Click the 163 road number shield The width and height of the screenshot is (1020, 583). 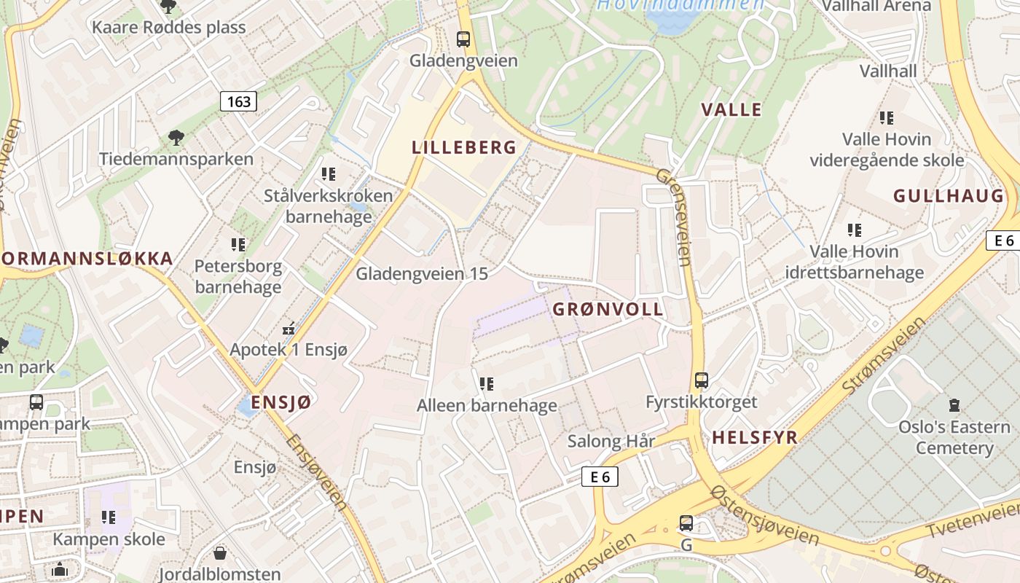(239, 101)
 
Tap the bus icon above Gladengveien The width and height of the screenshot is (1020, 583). (463, 39)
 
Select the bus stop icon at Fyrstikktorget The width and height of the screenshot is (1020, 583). (702, 380)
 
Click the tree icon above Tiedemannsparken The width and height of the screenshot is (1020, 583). (176, 137)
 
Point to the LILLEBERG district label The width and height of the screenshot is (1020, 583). (464, 147)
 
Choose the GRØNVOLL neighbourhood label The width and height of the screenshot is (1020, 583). (608, 309)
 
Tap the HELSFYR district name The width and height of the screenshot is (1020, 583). (755, 437)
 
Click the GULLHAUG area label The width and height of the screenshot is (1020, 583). (949, 195)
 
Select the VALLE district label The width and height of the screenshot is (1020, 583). (731, 109)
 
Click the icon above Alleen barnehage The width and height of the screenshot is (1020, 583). (487, 383)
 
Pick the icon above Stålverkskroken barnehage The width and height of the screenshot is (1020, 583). (329, 174)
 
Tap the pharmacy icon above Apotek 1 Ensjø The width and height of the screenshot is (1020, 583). (289, 329)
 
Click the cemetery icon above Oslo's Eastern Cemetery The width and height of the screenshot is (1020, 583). (954, 405)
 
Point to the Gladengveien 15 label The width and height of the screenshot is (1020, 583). (421, 274)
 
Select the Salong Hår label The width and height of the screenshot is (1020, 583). (611, 441)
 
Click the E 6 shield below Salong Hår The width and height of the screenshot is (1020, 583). (600, 477)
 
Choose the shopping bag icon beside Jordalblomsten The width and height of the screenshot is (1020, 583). (219, 554)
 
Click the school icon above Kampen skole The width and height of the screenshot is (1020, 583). (109, 517)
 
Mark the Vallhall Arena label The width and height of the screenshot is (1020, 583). (876, 6)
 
